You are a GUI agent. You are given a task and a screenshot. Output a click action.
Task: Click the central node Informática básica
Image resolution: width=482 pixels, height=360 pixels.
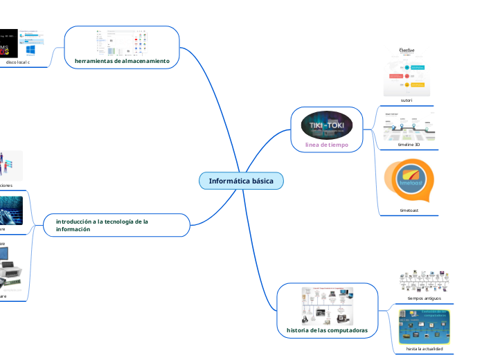pyautogui.click(x=241, y=181)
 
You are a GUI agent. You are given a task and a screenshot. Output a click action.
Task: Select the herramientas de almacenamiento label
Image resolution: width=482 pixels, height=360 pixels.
pyautogui.click(x=122, y=61)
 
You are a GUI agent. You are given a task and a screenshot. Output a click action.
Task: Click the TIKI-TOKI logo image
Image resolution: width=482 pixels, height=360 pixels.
pyautogui.click(x=328, y=125)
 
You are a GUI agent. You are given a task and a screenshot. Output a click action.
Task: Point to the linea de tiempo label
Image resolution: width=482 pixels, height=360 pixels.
pyautogui.click(x=327, y=145)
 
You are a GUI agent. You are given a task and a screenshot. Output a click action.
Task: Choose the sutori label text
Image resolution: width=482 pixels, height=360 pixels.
pyautogui.click(x=407, y=100)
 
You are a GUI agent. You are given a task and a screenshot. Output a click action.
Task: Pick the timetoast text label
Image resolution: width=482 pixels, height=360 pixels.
pyautogui.click(x=409, y=209)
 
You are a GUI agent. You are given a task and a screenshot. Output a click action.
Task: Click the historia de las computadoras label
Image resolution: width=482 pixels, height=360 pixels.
pyautogui.click(x=327, y=330)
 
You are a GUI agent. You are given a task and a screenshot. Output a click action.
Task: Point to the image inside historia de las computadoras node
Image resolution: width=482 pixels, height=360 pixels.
pyautogui.click(x=327, y=305)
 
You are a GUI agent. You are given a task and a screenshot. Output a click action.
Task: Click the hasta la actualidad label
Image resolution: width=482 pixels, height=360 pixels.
pyautogui.click(x=424, y=348)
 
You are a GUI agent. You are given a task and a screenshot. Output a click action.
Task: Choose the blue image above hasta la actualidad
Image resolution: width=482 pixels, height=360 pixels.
pyautogui.click(x=424, y=325)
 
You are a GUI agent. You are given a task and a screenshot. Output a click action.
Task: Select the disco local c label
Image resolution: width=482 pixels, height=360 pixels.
pyautogui.click(x=18, y=62)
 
